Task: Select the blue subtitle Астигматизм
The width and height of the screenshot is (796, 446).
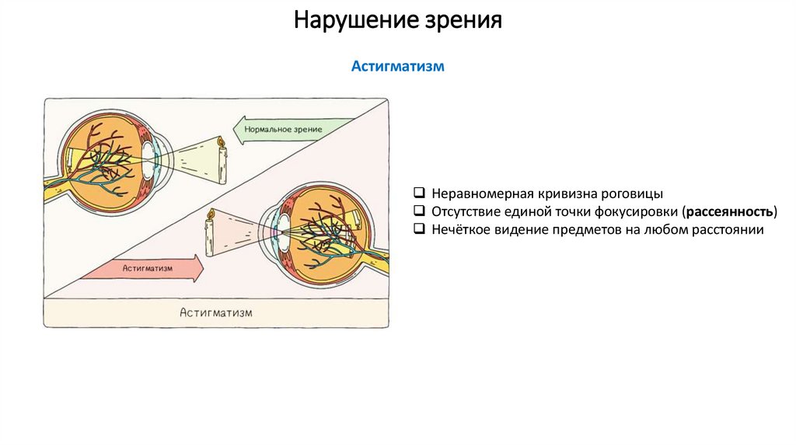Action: click(397, 67)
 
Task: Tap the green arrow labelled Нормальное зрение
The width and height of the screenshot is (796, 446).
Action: click(284, 127)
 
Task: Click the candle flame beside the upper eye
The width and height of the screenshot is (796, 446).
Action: click(221, 142)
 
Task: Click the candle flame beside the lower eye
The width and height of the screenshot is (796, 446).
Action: click(209, 214)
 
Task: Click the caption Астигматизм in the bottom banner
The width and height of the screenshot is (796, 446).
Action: click(216, 312)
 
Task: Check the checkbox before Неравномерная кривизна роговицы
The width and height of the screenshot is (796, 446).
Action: click(418, 192)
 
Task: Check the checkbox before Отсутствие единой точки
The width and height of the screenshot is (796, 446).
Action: click(418, 211)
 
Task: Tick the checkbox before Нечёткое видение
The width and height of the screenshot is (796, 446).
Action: click(418, 229)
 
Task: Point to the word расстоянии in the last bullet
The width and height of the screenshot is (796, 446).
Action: click(728, 230)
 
